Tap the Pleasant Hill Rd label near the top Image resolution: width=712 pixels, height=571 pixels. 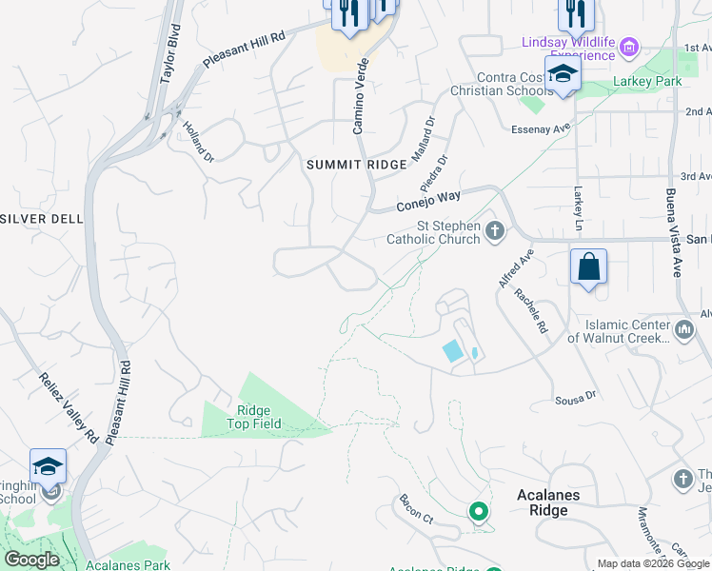click(x=245, y=50)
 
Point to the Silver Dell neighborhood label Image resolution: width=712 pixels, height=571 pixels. click(x=42, y=218)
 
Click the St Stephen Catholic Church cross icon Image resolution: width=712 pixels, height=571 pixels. click(x=494, y=230)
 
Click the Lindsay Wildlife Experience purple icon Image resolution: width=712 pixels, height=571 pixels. click(x=627, y=45)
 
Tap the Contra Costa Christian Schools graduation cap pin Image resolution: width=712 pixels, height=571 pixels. click(x=564, y=75)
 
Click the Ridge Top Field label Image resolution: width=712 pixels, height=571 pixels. click(x=253, y=417)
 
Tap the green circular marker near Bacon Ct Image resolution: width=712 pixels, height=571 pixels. click(x=479, y=512)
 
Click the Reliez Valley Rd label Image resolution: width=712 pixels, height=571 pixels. click(x=69, y=406)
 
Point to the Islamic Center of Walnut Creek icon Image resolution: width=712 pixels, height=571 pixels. click(x=682, y=330)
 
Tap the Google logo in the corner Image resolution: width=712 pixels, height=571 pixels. click(x=31, y=560)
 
